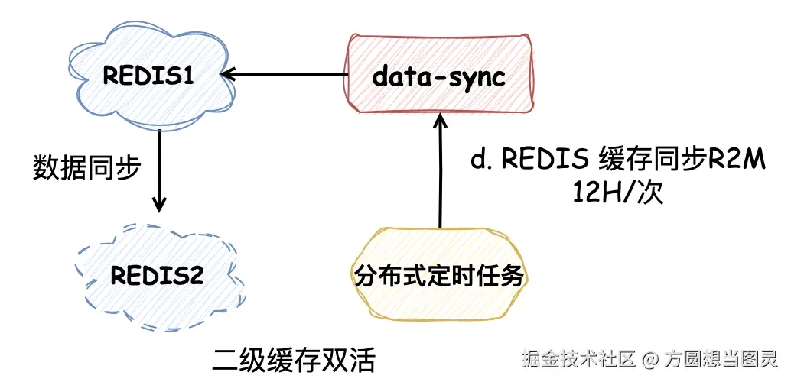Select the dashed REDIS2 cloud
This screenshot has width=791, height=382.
(157, 275)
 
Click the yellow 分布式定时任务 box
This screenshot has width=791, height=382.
(440, 276)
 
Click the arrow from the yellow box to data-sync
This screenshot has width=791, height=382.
(441, 172)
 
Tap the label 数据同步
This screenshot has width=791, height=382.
(86, 167)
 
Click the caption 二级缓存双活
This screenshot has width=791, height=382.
(295, 359)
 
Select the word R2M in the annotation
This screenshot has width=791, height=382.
(738, 161)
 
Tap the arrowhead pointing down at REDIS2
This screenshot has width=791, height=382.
(159, 205)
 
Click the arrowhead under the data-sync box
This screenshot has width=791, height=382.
(441, 120)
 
